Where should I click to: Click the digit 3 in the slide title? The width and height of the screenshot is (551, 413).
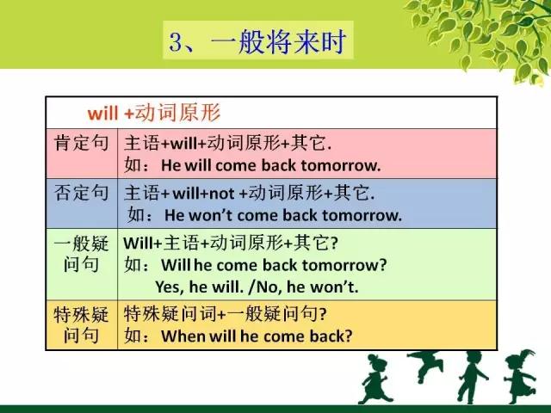pos(176,42)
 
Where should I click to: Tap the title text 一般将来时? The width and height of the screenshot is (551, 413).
pos(279,41)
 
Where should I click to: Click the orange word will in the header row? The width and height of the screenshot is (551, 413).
pos(102,114)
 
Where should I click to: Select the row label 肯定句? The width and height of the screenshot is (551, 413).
pos(81,144)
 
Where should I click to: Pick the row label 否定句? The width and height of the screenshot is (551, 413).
pos(81,193)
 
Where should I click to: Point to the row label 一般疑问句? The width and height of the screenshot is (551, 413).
pos(81,254)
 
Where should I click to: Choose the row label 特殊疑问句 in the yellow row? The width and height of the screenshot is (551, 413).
pos(81,324)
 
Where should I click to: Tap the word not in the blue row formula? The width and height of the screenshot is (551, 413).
pos(222,194)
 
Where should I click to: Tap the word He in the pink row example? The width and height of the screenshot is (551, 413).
pos(171,165)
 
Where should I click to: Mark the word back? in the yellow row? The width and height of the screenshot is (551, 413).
pos(331,336)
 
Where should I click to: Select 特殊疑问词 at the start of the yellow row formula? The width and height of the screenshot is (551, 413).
pos(170,313)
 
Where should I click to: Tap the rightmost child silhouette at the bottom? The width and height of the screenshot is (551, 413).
pos(521,377)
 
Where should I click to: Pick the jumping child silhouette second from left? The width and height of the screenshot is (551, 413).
pos(426,366)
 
